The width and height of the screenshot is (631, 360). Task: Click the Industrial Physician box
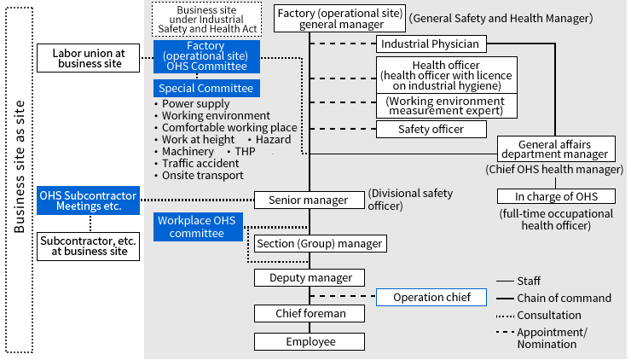[x=431, y=44]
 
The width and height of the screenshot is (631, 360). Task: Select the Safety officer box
[x=431, y=130]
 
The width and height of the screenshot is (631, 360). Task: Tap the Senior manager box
[x=309, y=200]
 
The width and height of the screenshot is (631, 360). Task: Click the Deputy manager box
[x=310, y=278]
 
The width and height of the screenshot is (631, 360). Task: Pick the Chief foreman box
[x=310, y=313]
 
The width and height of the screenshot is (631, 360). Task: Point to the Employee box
[x=310, y=342]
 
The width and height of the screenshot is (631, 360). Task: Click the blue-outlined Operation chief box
[x=431, y=298]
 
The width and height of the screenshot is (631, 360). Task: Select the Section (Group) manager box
[x=320, y=244]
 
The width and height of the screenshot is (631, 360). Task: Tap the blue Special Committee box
[x=204, y=88]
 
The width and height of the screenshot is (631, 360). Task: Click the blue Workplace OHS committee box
[x=197, y=227]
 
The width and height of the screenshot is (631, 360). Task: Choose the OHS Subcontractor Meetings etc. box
[x=88, y=200]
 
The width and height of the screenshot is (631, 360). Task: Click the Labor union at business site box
[x=88, y=58]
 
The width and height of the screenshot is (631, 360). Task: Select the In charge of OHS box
[x=556, y=196]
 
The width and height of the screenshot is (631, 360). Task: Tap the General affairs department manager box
[x=556, y=149]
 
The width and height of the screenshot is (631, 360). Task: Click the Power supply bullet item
[x=195, y=104]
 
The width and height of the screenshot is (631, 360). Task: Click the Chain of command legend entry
[x=564, y=298]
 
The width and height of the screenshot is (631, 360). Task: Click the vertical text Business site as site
[x=20, y=179]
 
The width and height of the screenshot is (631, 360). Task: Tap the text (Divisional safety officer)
[x=398, y=200]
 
